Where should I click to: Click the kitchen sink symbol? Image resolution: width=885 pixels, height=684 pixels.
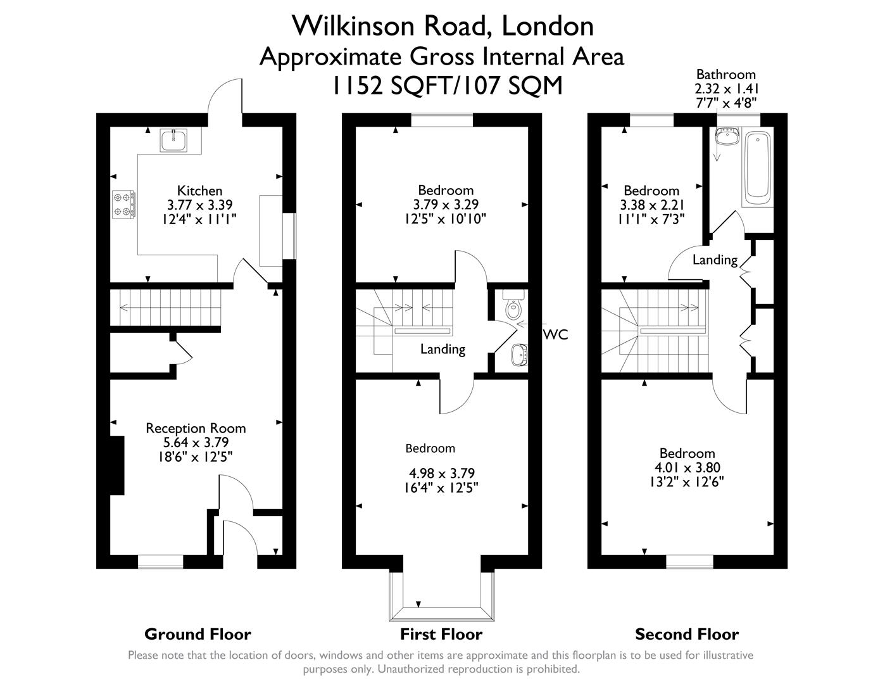tap(173, 140)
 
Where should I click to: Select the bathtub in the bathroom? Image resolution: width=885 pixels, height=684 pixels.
tap(758, 167)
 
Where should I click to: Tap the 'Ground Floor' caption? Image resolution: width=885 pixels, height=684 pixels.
tap(198, 634)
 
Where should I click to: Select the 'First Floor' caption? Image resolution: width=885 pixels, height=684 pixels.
tap(441, 634)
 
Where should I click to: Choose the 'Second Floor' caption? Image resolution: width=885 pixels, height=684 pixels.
tap(687, 634)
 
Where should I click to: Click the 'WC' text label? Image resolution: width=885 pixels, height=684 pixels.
tap(555, 334)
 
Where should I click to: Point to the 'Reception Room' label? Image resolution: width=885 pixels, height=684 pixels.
tap(196, 428)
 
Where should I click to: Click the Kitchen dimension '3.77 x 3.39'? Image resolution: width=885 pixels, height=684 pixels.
tap(199, 205)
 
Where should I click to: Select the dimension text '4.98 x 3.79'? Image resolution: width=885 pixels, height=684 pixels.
tap(442, 473)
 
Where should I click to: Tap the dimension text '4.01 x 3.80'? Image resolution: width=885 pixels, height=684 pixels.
tap(687, 467)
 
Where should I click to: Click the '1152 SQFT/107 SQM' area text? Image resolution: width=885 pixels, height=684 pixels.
tap(448, 85)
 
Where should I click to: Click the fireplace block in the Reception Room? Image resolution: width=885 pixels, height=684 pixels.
tap(117, 465)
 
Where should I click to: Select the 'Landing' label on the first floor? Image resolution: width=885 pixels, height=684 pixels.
tap(443, 349)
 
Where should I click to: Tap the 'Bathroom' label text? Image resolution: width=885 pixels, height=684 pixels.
tap(726, 74)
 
